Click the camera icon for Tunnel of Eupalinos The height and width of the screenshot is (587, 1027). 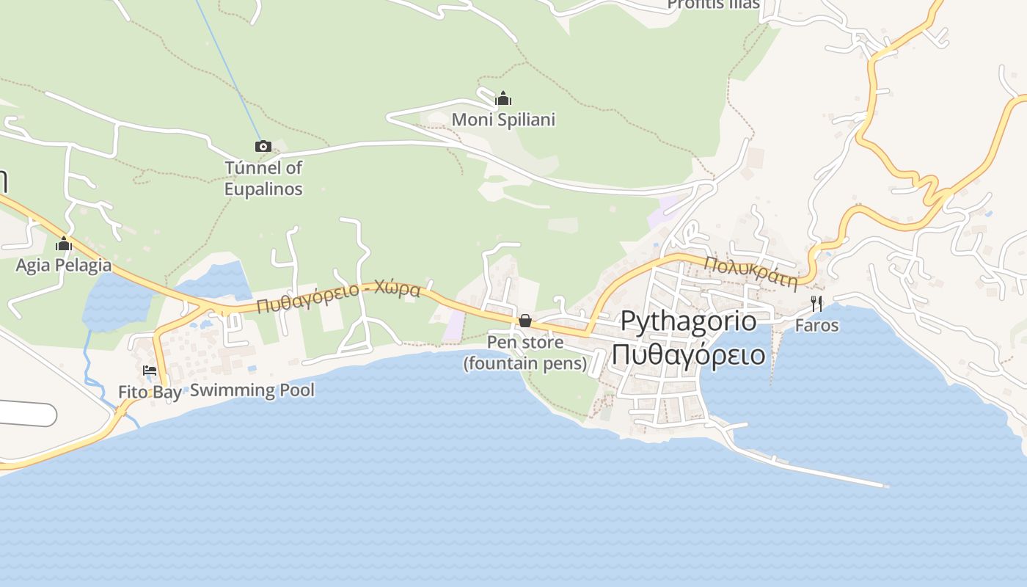click(263, 147)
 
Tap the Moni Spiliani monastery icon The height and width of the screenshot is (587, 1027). click(503, 99)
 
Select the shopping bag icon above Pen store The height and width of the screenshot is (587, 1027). click(525, 321)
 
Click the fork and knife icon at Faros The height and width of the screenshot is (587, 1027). click(816, 304)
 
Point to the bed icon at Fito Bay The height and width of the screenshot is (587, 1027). click(150, 371)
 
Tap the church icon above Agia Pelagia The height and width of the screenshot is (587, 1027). click(64, 244)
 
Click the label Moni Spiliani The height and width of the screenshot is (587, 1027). click(503, 120)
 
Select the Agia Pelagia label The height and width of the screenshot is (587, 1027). click(64, 265)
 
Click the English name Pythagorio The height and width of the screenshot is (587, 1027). click(688, 321)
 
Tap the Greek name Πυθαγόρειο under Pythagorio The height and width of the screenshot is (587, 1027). click(688, 354)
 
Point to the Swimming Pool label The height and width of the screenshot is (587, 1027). click(252, 390)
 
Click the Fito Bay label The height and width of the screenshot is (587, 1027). click(150, 393)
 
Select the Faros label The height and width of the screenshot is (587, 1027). click(816, 325)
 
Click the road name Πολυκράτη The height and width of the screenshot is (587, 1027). click(750, 273)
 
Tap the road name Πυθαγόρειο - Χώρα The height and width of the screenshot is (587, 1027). click(338, 296)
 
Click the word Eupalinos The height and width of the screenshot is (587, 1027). click(263, 189)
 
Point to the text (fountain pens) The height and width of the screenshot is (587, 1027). click(525, 363)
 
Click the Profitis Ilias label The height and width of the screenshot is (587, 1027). click(713, 4)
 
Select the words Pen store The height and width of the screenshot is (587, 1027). click(525, 343)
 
